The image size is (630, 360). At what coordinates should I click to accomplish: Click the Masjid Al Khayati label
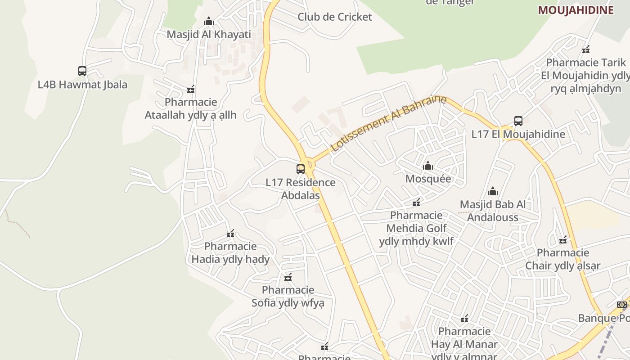pyautogui.click(x=209, y=34)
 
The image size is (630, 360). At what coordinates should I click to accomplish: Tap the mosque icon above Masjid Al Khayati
pyautogui.click(x=208, y=21)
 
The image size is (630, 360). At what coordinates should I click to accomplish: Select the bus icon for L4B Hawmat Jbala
pyautogui.click(x=82, y=71)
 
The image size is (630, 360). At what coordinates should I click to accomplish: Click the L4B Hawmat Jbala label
pyautogui.click(x=82, y=85)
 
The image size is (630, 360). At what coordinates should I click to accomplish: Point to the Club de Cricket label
pyautogui.click(x=335, y=17)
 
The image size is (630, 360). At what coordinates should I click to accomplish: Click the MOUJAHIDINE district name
pyautogui.click(x=576, y=10)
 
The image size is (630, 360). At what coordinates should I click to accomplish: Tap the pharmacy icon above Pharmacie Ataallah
pyautogui.click(x=191, y=89)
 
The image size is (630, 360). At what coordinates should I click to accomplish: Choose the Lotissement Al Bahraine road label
pyautogui.click(x=388, y=123)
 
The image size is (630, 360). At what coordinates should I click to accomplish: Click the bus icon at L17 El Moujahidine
pyautogui.click(x=518, y=121)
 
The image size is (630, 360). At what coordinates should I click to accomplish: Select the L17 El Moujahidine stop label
pyautogui.click(x=518, y=134)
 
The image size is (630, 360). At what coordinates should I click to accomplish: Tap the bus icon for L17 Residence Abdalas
pyautogui.click(x=301, y=169)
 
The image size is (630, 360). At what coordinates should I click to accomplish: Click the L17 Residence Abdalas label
pyautogui.click(x=301, y=189)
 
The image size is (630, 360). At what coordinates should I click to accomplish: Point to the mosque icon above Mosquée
pyautogui.click(x=428, y=166)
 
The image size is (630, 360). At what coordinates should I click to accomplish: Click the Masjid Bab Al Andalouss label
pyautogui.click(x=492, y=211)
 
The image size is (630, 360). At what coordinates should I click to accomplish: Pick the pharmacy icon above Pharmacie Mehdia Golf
pyautogui.click(x=416, y=202)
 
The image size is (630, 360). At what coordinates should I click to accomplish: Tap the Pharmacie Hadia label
pyautogui.click(x=230, y=252)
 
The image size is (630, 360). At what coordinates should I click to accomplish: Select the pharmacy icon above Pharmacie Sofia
pyautogui.click(x=288, y=277)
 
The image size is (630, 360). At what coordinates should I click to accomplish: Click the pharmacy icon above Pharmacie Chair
pyautogui.click(x=563, y=240)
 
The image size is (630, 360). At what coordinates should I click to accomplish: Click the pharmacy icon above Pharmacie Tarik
pyautogui.click(x=586, y=49)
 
